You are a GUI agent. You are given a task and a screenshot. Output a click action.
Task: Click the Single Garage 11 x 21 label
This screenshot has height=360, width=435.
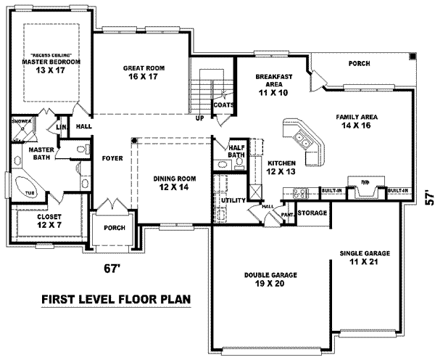[x=365, y=258]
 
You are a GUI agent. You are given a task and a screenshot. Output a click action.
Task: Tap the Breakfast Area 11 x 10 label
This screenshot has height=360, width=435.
[x=274, y=84]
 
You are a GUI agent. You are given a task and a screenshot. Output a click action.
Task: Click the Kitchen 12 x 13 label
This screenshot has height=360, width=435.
[x=281, y=168]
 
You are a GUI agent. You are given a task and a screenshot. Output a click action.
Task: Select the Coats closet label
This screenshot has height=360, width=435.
[x=222, y=105]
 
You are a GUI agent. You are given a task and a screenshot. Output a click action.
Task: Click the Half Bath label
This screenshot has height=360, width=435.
[x=235, y=150]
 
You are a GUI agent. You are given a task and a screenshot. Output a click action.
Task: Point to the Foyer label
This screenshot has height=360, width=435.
[x=112, y=157]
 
